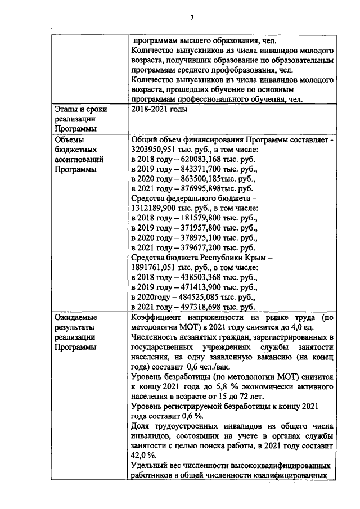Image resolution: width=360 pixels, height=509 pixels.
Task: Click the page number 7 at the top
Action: click(x=192, y=17)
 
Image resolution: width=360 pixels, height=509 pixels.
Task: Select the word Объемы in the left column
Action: click(x=68, y=140)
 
